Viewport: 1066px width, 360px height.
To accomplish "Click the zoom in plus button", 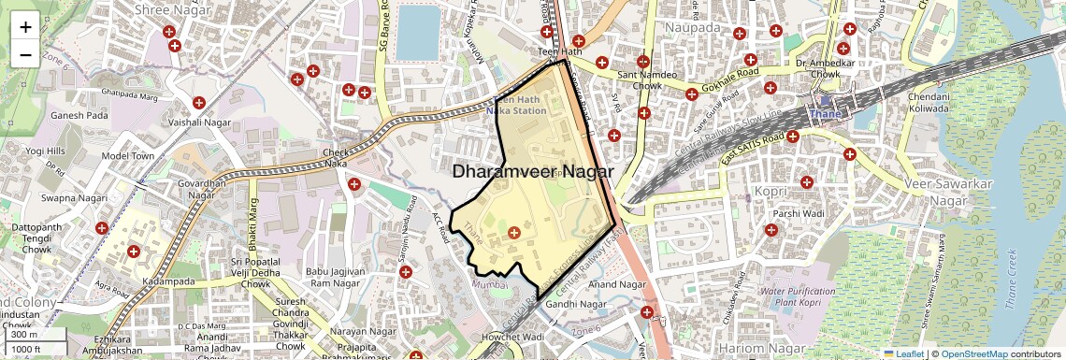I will [x=25, y=26].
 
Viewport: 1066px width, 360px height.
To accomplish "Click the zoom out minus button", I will [x=25, y=54].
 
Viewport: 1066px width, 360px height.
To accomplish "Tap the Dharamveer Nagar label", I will [x=533, y=172].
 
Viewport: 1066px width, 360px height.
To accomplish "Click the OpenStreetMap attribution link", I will [x=973, y=354].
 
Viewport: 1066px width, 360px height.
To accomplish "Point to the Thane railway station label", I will [x=825, y=114].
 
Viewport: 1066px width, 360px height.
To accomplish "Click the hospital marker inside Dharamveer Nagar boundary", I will [x=513, y=232].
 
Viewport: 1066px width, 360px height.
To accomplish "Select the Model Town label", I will [x=127, y=155].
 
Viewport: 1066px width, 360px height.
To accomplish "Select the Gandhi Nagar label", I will [x=572, y=304].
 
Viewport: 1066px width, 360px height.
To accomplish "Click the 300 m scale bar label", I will [x=24, y=335].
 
